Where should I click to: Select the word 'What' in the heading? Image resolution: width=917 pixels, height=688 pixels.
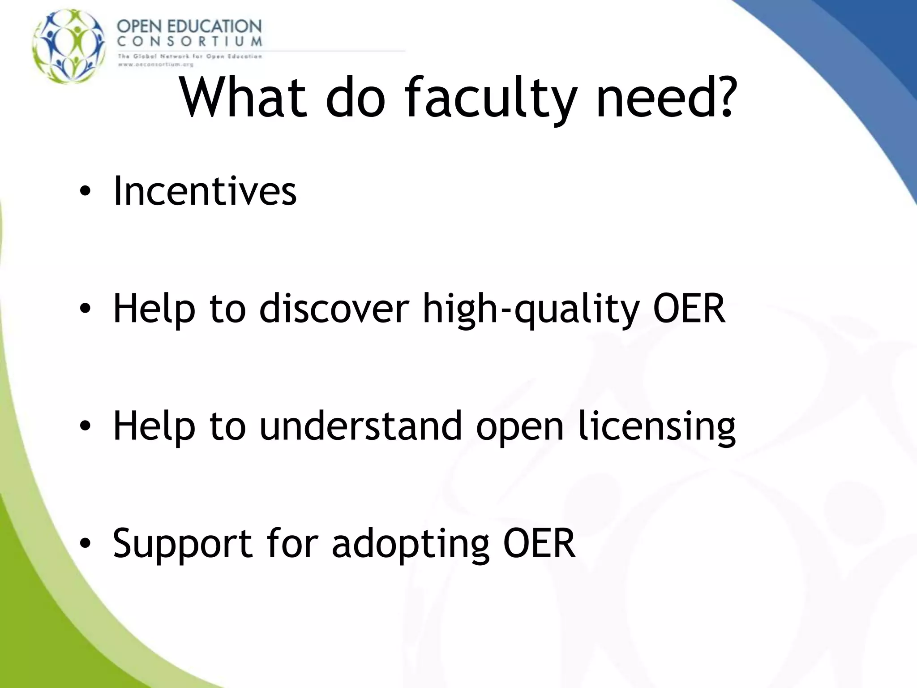coord(243,98)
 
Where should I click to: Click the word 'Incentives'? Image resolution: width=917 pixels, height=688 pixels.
coord(205,191)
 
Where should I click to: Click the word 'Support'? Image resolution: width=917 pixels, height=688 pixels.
coord(182,545)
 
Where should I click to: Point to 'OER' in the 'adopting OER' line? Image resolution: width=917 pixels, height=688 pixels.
coord(539,543)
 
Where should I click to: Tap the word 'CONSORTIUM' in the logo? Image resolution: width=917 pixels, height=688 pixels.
coord(189,42)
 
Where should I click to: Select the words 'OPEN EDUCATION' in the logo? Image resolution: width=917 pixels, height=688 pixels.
coord(189,26)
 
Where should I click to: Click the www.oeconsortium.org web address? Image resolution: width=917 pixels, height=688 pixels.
coord(155,64)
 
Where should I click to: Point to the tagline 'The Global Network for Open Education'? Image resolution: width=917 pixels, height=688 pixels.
coord(189,56)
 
